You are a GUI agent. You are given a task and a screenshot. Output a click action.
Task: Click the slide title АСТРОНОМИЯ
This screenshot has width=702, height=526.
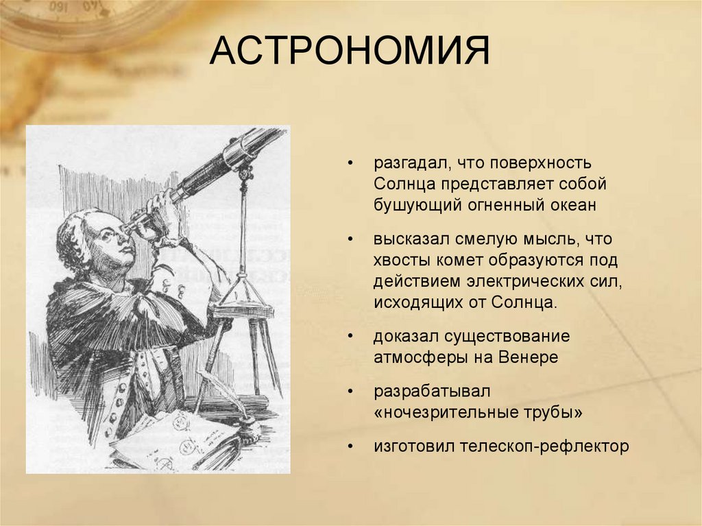(350, 53)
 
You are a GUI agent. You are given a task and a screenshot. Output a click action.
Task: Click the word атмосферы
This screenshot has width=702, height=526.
(415, 357)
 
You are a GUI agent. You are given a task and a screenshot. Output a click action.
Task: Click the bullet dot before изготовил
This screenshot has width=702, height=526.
(351, 447)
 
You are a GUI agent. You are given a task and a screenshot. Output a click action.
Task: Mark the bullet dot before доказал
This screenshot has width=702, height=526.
(351, 338)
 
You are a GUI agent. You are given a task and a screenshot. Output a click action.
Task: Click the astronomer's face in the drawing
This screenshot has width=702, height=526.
(110, 243)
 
